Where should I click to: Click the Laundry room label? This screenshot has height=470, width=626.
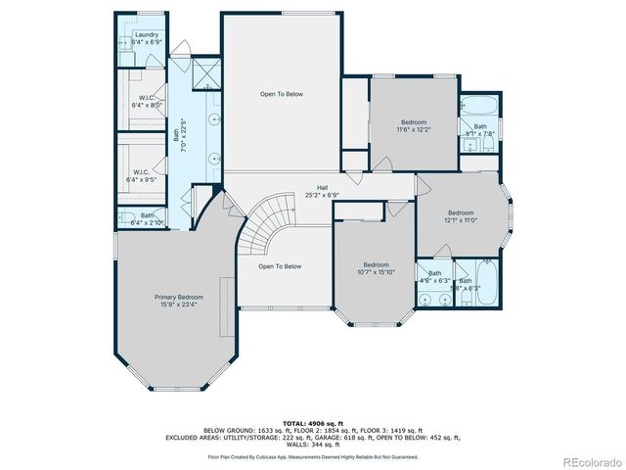click(146, 38)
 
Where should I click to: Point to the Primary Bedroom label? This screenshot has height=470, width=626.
click(178, 300)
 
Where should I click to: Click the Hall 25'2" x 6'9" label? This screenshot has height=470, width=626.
click(321, 191)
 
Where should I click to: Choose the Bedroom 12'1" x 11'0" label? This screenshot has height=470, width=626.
click(461, 216)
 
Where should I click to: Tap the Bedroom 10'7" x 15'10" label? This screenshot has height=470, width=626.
click(377, 268)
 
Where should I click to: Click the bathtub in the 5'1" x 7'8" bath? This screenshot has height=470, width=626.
click(478, 106)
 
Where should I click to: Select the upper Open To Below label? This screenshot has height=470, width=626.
click(281, 94)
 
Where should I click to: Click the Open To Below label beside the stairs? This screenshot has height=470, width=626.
click(279, 266)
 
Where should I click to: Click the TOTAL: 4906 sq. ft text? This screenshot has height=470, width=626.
click(312, 423)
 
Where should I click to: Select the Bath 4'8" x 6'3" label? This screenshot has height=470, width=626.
click(434, 277)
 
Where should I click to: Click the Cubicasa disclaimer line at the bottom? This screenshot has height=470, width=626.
click(312, 456)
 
